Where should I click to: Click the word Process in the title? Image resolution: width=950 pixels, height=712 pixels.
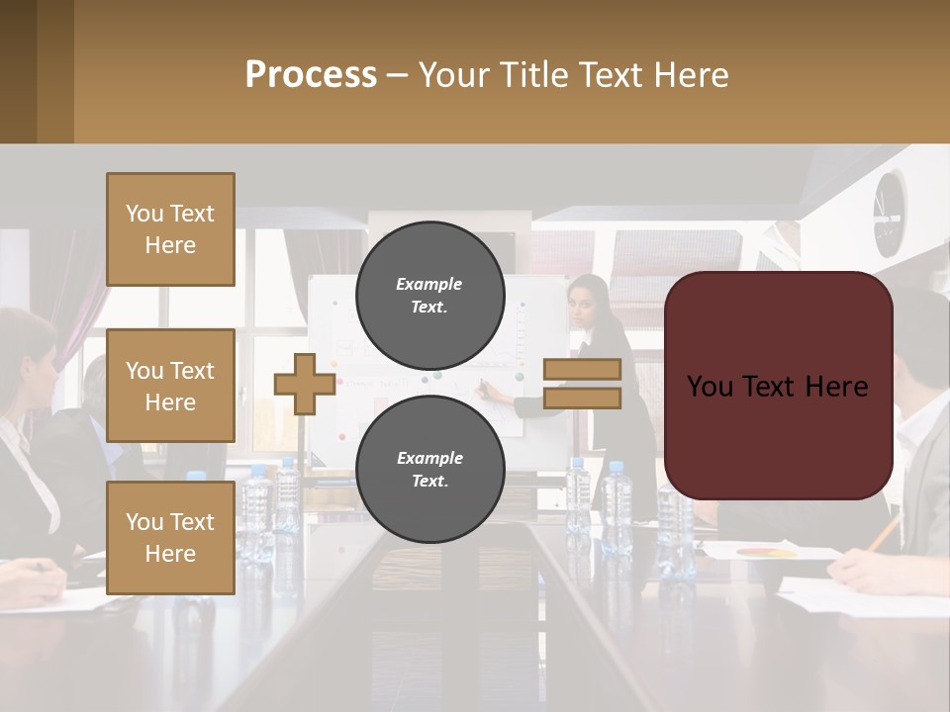click(x=311, y=74)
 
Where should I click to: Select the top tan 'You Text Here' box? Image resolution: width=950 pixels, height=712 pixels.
click(x=170, y=229)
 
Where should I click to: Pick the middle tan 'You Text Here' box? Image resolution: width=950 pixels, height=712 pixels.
click(x=170, y=386)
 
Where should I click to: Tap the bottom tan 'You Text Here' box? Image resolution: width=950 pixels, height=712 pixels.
click(x=170, y=537)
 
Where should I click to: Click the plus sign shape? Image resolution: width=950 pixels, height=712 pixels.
click(x=304, y=384)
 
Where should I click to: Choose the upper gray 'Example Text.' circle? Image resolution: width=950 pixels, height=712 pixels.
click(x=429, y=295)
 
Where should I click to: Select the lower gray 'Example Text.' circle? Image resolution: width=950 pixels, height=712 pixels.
click(x=429, y=469)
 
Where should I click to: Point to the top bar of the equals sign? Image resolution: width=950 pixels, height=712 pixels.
click(x=582, y=369)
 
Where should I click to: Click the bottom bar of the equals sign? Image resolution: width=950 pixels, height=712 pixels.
click(x=582, y=398)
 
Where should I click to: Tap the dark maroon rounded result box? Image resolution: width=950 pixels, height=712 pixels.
click(x=778, y=386)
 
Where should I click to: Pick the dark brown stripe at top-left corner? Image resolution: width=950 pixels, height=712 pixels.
click(x=18, y=71)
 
